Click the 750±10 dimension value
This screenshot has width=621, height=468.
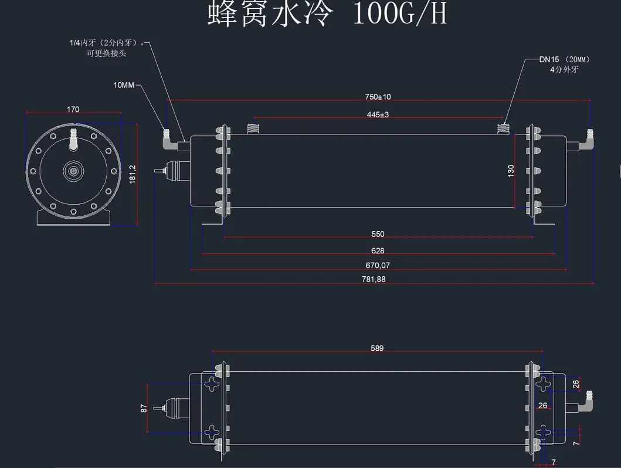tap(378, 97)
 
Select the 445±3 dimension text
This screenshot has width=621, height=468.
tap(378, 115)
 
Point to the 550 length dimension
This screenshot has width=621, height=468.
tap(378, 234)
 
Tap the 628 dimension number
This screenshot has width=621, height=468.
tap(378, 250)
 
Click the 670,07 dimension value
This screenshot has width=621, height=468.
tap(378, 265)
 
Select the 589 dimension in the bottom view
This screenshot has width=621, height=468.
tap(377, 348)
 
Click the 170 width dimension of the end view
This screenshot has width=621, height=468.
tap(73, 110)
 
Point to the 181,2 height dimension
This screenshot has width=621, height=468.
tap(133, 174)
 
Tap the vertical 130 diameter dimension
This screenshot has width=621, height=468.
tap(511, 171)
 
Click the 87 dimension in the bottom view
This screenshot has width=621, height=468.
tap(144, 408)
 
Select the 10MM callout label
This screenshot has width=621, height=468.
tap(124, 86)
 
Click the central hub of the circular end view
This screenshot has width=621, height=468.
tap(73, 171)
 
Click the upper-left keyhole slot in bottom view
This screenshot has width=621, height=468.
tap(212, 384)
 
